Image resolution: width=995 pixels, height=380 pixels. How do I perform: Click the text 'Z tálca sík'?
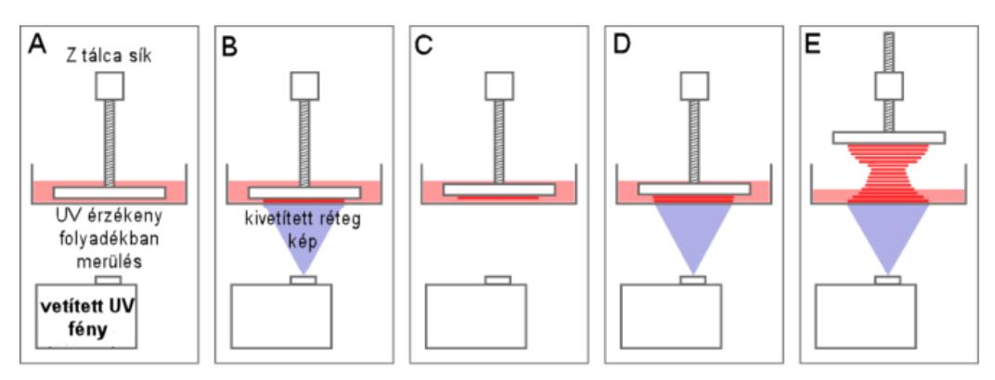click(110, 58)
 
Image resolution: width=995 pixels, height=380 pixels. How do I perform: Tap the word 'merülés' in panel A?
click(109, 261)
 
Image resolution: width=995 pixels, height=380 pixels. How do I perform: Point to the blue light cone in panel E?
click(887, 237)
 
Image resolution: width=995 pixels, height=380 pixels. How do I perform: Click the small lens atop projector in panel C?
click(498, 279)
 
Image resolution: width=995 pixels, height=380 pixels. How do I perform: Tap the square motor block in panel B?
click(304, 86)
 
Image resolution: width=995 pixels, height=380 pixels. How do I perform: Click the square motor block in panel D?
click(693, 86)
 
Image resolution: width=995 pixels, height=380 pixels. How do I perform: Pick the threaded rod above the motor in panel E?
click(888, 51)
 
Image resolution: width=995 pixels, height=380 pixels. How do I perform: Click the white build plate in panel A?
click(110, 193)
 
